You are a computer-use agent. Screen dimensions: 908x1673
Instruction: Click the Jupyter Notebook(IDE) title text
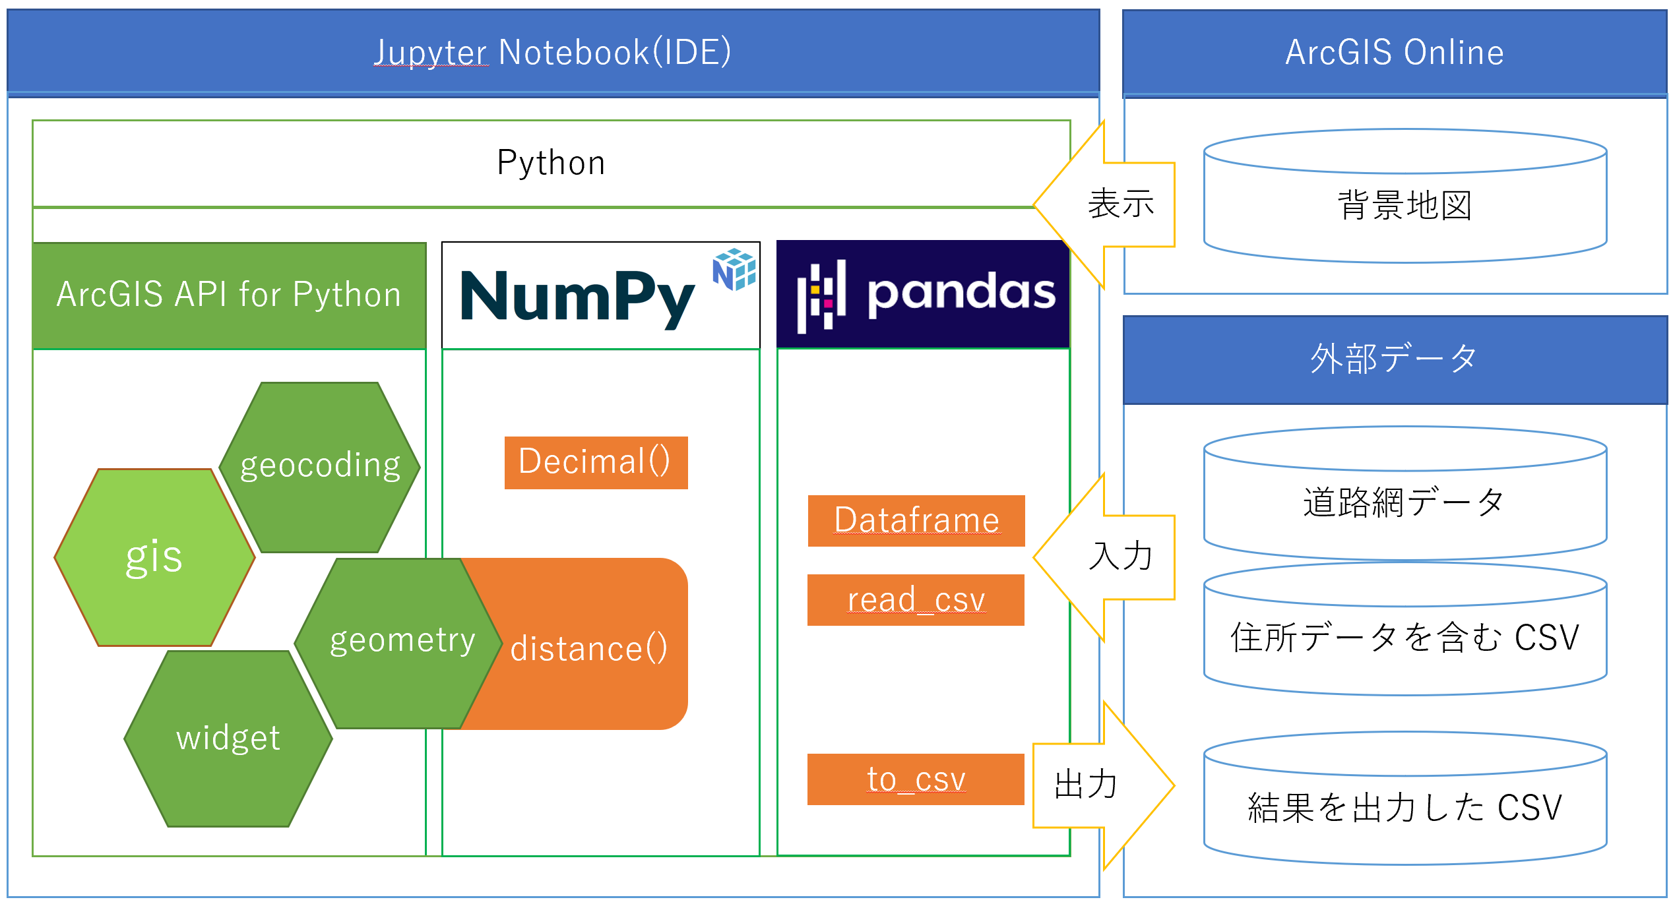click(552, 52)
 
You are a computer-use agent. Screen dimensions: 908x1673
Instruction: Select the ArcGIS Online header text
click(1394, 52)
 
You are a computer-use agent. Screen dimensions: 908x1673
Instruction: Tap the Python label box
click(551, 163)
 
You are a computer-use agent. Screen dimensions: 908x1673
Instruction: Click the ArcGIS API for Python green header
click(229, 295)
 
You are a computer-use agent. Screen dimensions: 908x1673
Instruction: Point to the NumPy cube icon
click(734, 269)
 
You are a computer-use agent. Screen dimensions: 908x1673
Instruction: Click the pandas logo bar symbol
click(821, 296)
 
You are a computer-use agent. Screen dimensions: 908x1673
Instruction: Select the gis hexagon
click(154, 557)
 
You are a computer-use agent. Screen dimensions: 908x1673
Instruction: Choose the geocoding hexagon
click(320, 466)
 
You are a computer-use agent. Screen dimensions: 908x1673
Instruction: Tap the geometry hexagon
click(399, 642)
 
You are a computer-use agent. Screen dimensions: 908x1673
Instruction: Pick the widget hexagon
click(228, 739)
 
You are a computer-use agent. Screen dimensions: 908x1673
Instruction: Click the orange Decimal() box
click(596, 462)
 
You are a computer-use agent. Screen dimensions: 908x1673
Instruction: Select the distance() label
click(589, 648)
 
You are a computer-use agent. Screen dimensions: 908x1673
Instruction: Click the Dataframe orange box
click(916, 520)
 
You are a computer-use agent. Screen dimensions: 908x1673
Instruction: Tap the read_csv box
click(916, 600)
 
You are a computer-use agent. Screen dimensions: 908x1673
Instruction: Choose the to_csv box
click(916, 779)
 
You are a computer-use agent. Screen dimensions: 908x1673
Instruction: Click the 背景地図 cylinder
click(1405, 204)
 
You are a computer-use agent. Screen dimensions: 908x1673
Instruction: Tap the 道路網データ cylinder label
click(1405, 503)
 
